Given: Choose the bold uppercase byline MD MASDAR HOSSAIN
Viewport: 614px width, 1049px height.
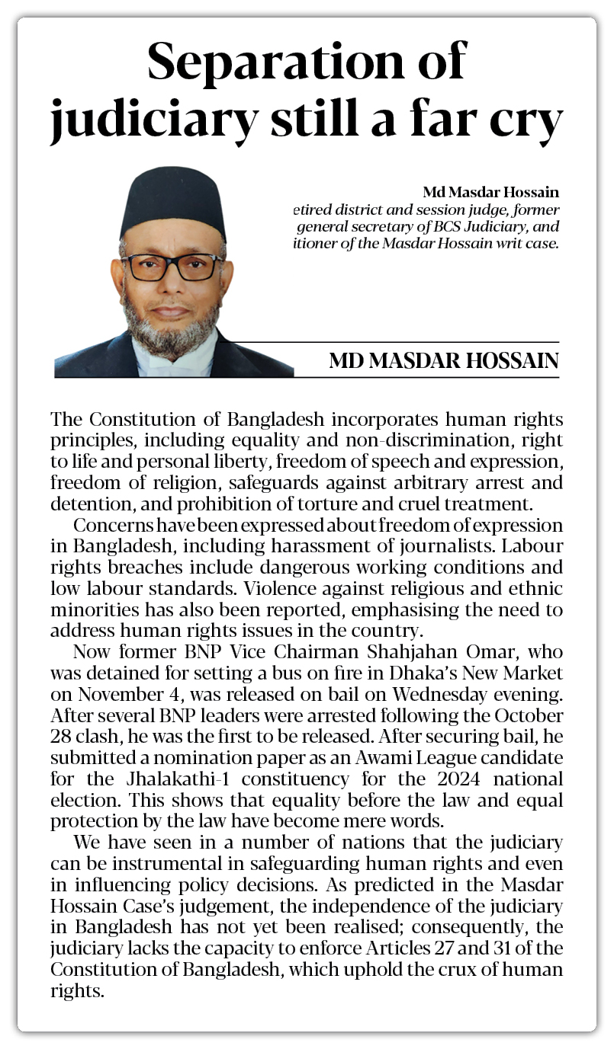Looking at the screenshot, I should tap(444, 361).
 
